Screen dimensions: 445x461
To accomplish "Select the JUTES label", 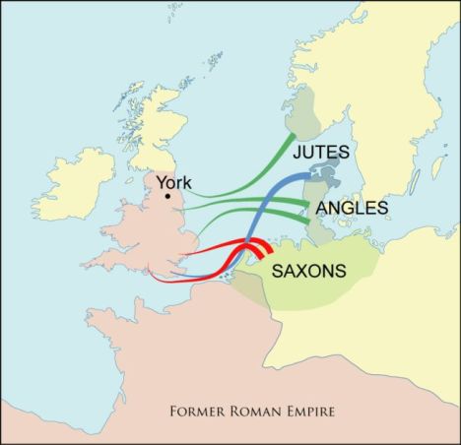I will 325,154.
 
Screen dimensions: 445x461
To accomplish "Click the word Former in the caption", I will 198,410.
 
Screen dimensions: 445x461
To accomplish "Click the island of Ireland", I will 78,182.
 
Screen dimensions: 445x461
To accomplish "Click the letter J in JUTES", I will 297,154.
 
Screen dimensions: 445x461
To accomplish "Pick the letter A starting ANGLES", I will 319,209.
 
